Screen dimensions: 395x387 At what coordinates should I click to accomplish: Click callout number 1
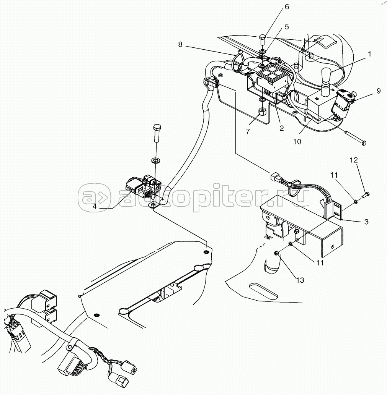(x=369, y=54)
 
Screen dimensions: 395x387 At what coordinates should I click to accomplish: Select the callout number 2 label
(x=281, y=128)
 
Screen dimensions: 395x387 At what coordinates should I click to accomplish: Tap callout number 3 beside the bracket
(x=366, y=222)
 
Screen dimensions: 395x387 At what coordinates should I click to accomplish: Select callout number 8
(x=180, y=44)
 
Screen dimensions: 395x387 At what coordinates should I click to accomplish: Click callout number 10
(x=297, y=141)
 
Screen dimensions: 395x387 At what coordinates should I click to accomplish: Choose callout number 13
(x=300, y=280)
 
